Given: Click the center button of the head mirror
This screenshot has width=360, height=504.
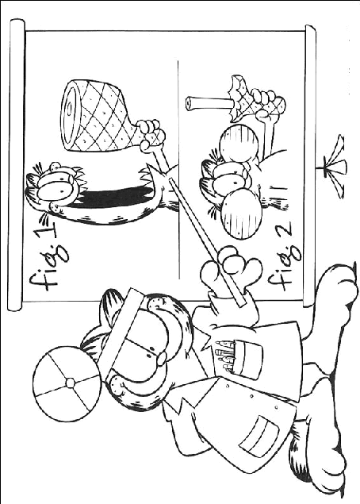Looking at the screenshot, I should pyautogui.click(x=69, y=382).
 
